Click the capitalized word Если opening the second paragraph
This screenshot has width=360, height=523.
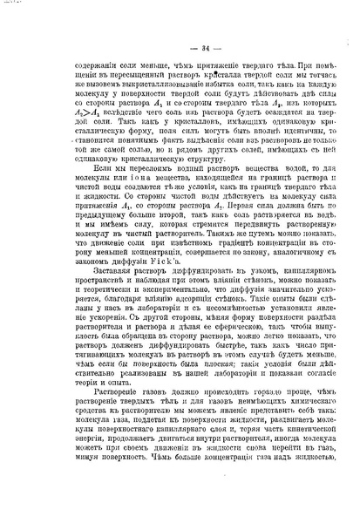pos(75,200)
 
